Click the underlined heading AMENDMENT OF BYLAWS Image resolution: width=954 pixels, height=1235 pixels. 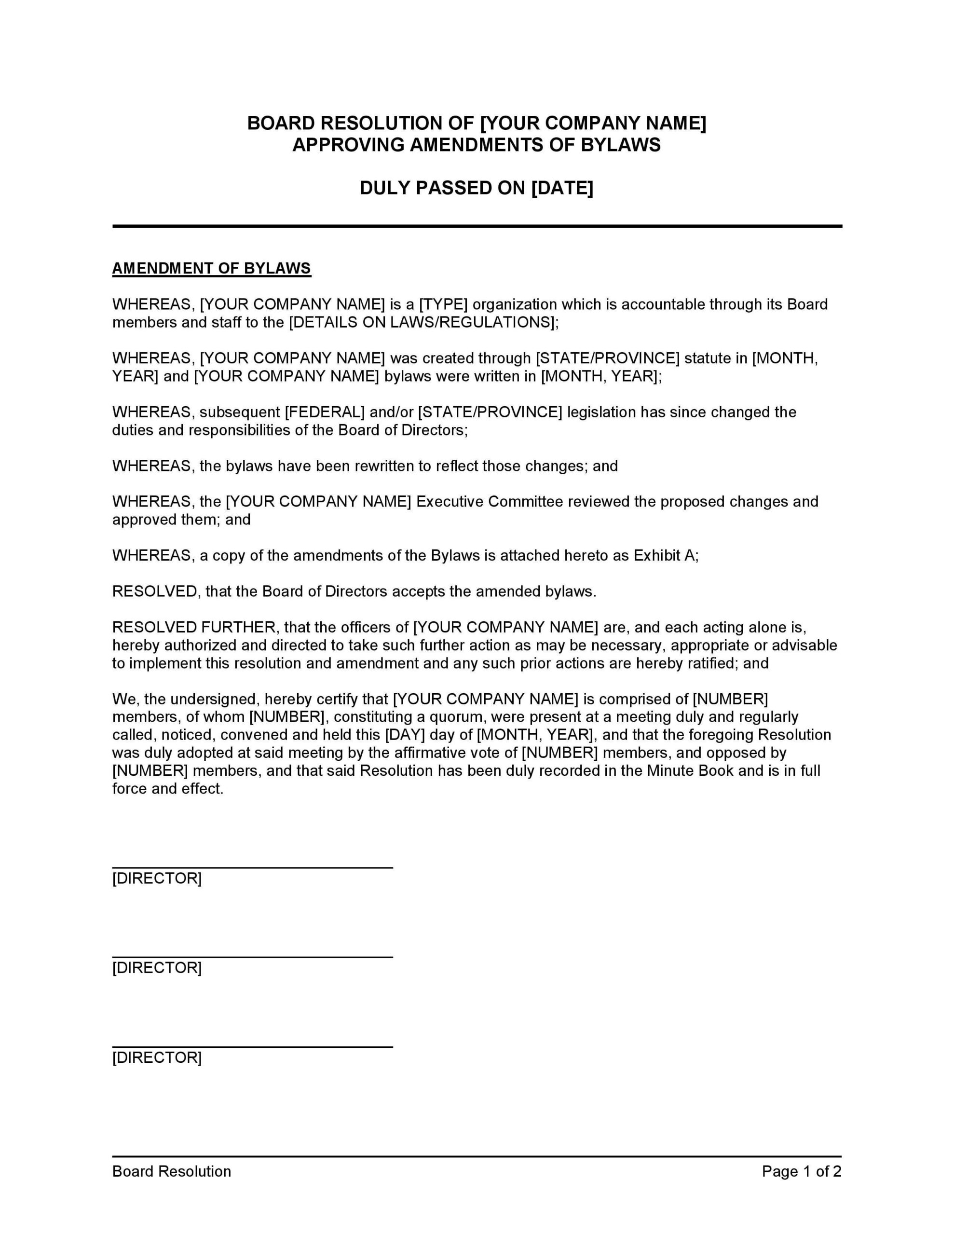212,268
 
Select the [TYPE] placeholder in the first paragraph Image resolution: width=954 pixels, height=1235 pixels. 443,304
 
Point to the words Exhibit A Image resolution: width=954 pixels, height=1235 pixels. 665,555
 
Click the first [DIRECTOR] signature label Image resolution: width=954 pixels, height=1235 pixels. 157,878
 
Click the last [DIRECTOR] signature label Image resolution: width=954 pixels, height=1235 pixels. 157,1057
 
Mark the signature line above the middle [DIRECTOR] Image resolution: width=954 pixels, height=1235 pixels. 252,957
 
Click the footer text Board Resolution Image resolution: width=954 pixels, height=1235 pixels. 171,1171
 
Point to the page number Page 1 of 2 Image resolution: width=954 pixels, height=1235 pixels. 801,1171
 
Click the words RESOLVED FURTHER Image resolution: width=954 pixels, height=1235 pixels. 193,627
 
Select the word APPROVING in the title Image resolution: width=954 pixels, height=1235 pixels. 348,145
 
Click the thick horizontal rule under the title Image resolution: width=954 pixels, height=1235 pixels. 477,226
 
